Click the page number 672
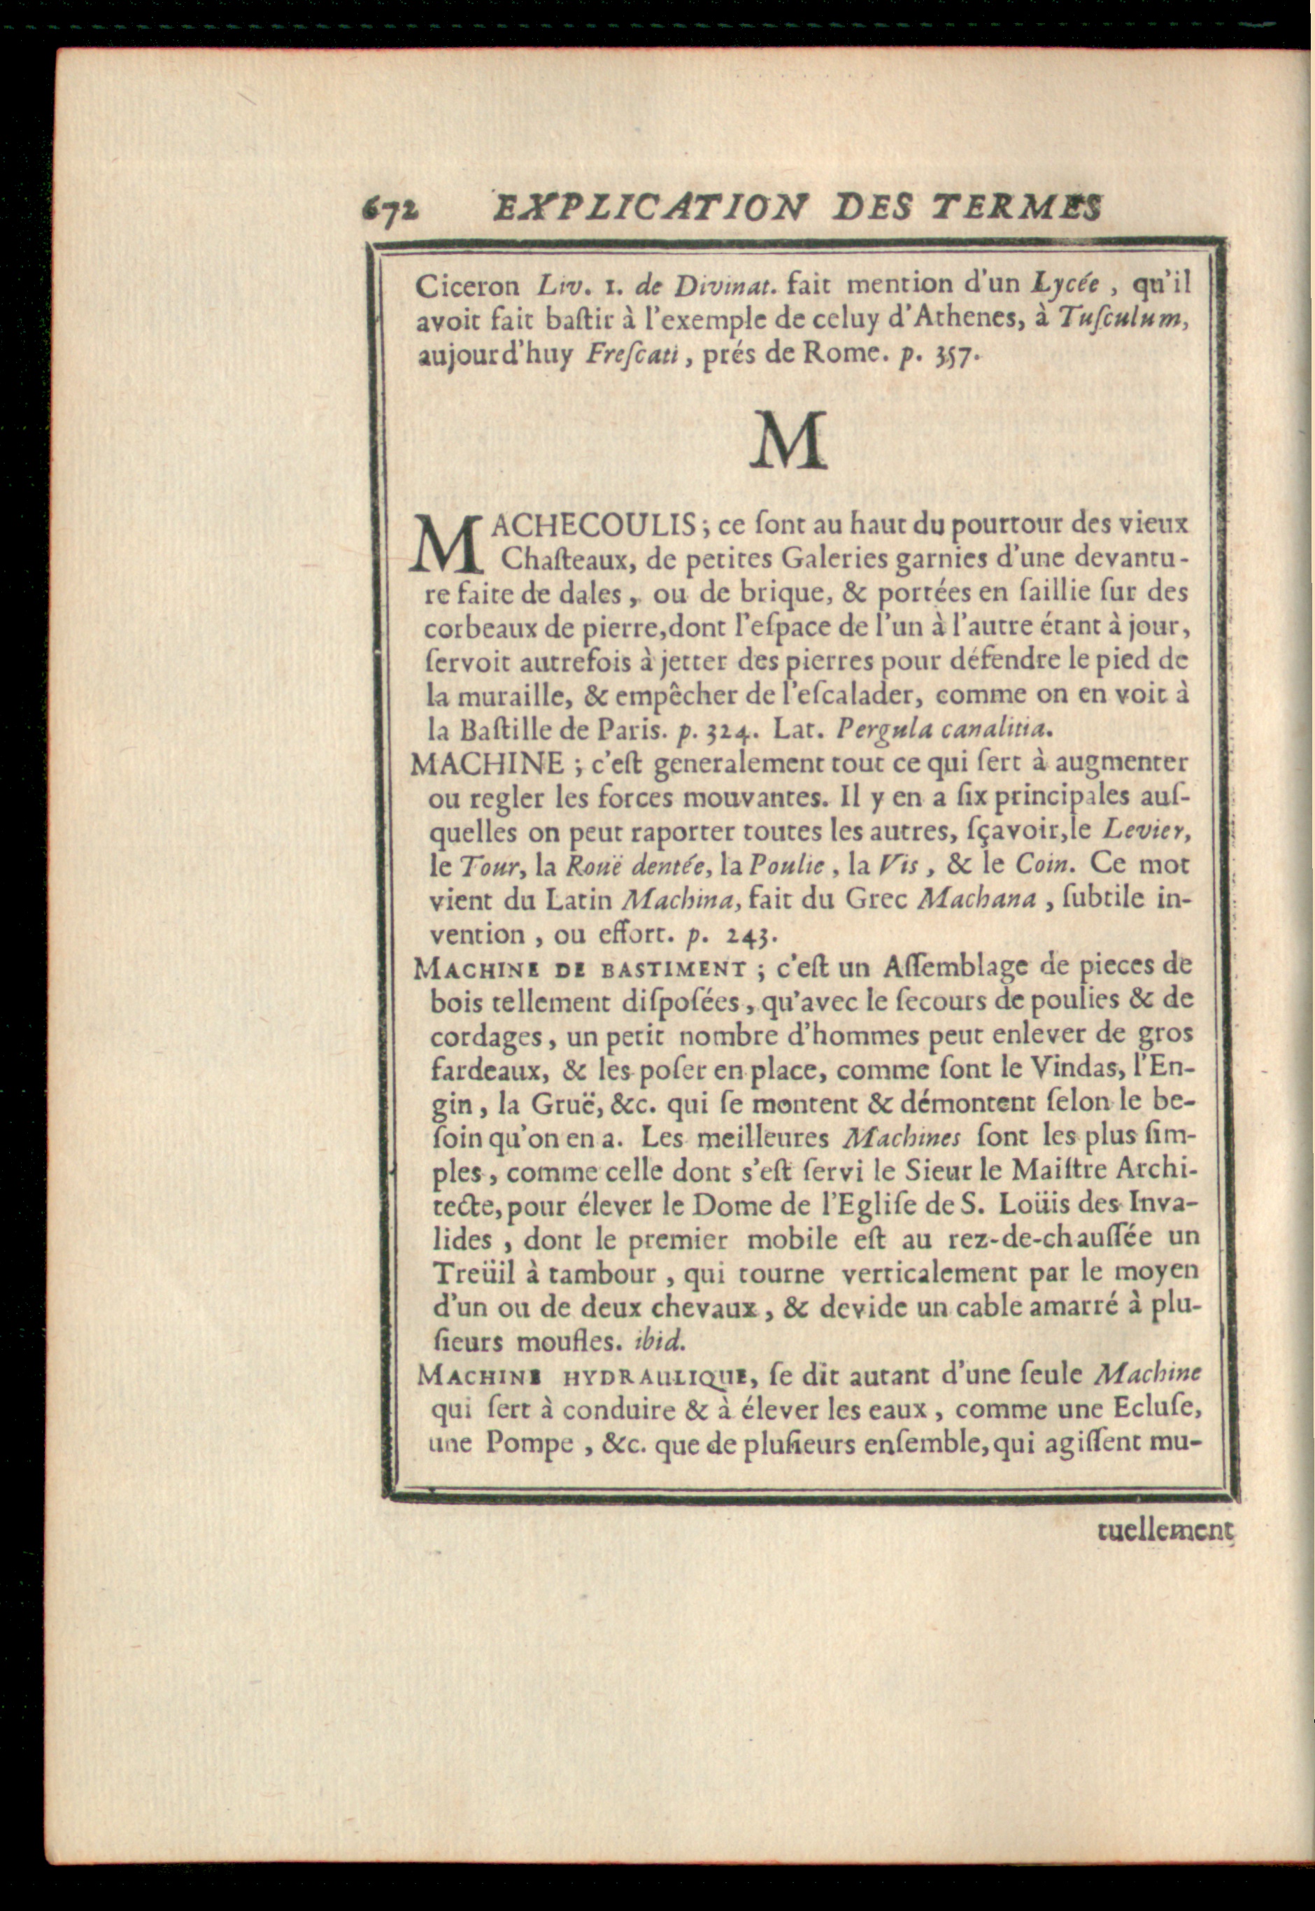point(390,212)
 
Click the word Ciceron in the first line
point(467,286)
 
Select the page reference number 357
point(957,357)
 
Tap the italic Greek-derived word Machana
point(976,899)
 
